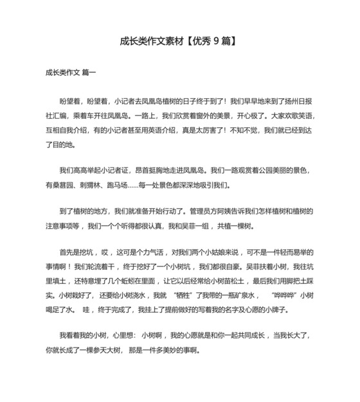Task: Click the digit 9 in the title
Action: coord(216,42)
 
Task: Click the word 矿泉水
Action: coord(244,295)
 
